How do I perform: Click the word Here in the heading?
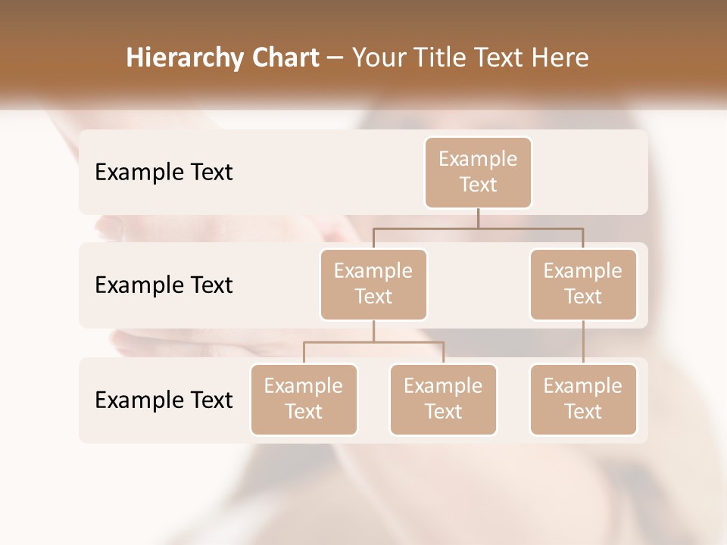tap(561, 58)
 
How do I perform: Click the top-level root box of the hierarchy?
tap(478, 173)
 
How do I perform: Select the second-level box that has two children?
tap(373, 284)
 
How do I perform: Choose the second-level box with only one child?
tap(583, 284)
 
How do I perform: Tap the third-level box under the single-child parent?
tap(583, 399)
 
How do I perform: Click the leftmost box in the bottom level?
tap(304, 399)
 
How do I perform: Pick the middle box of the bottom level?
tap(443, 399)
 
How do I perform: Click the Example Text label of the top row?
tap(164, 173)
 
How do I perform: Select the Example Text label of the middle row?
tap(164, 285)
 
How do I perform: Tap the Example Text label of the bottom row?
tap(164, 400)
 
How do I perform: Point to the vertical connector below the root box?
tap(478, 218)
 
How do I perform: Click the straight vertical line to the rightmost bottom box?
tap(583, 342)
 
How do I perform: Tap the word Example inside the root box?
tap(478, 159)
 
